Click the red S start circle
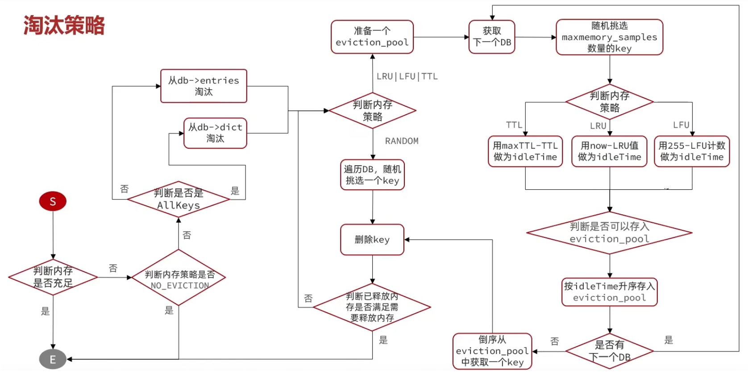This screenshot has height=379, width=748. (x=53, y=201)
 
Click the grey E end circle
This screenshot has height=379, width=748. (x=53, y=359)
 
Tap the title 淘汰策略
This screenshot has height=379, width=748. (x=64, y=25)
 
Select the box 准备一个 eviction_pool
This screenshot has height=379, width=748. (x=372, y=37)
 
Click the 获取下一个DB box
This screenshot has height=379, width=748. (x=492, y=37)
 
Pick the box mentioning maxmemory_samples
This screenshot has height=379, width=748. (x=609, y=37)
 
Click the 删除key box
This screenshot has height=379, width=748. (x=372, y=240)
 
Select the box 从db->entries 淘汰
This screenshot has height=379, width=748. (x=204, y=86)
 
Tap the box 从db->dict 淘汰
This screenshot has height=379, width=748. (x=215, y=133)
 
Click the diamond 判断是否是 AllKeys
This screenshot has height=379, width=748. (x=179, y=199)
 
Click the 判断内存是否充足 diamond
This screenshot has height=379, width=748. (x=53, y=277)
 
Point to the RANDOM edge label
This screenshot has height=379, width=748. (x=402, y=141)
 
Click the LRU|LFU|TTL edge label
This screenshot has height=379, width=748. (x=407, y=76)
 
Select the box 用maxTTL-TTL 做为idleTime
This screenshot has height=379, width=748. (x=525, y=151)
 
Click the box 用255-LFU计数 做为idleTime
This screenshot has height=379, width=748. (x=692, y=151)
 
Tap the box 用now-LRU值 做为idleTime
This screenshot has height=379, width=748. (x=609, y=151)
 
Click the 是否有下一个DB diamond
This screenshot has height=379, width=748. (x=610, y=351)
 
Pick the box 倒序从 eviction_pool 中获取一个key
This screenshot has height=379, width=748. (x=492, y=351)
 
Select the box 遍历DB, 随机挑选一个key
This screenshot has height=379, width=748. (x=372, y=175)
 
